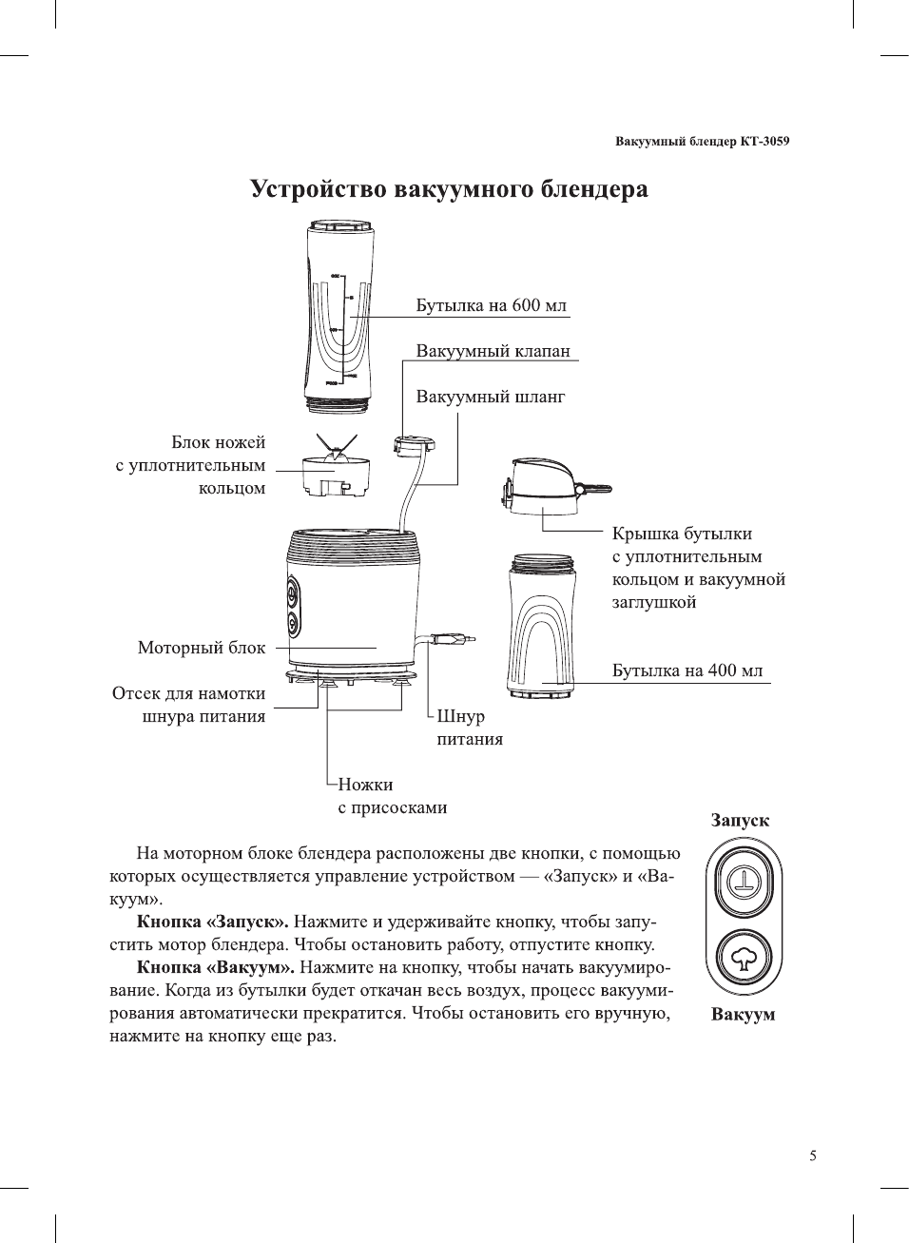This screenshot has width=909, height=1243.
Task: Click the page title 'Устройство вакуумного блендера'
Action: [x=449, y=188]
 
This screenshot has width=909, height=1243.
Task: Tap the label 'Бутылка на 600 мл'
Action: [x=491, y=305]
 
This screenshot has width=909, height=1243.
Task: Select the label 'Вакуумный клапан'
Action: [x=493, y=351]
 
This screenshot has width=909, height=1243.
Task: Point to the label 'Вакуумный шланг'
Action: [x=490, y=397]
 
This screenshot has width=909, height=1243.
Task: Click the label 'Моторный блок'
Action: [x=202, y=648]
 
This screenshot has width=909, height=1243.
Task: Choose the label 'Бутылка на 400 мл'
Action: [x=687, y=670]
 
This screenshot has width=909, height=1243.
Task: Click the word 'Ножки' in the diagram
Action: [x=365, y=785]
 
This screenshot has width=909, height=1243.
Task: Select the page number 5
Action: [x=812, y=1156]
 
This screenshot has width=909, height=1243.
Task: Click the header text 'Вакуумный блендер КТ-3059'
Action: [x=702, y=142]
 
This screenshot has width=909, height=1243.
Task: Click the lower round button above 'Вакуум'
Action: [x=744, y=959]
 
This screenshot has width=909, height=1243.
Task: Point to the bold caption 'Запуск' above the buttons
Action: [x=740, y=821]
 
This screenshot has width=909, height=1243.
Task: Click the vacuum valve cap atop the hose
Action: [x=415, y=443]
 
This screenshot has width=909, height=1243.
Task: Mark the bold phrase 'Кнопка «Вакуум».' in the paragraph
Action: [x=215, y=967]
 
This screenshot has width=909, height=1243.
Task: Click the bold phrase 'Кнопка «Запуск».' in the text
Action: [x=212, y=922]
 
